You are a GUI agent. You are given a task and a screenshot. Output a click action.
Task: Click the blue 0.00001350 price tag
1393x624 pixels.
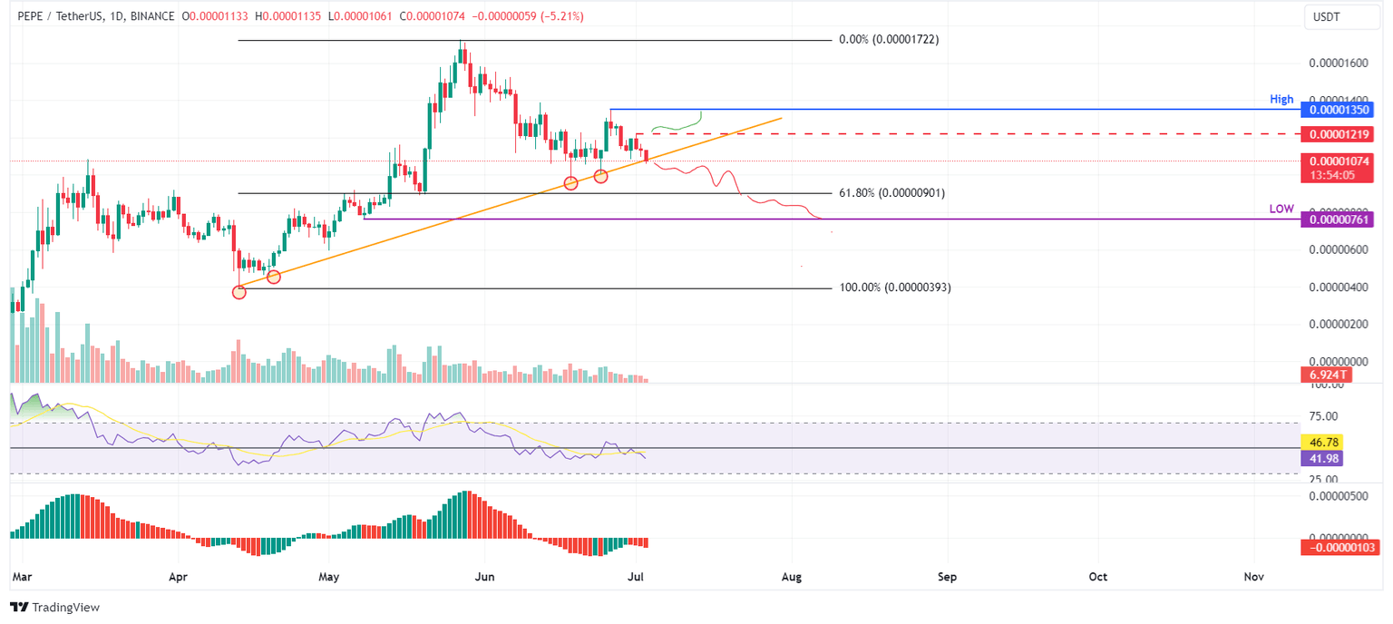[1336, 110]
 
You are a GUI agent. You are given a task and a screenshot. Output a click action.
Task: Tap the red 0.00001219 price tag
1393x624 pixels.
[1336, 134]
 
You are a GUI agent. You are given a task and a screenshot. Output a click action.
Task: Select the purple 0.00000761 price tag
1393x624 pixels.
[1336, 219]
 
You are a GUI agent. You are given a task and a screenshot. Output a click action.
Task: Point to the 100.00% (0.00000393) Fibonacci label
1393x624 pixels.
[895, 288]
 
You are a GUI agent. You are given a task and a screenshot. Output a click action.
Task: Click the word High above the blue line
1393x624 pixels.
[1281, 99]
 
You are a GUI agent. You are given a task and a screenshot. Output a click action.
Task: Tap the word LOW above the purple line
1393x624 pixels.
[1281, 209]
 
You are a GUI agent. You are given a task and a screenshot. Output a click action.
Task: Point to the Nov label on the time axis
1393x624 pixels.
[1254, 576]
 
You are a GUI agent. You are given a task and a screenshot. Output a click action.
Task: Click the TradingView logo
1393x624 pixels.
[55, 607]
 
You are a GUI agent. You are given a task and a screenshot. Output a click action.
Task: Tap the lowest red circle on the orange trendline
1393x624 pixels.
[239, 291]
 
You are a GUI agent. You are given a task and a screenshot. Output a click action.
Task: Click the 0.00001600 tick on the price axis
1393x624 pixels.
[1339, 63]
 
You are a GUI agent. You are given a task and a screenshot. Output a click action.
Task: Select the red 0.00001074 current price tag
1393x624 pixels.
[1336, 161]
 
